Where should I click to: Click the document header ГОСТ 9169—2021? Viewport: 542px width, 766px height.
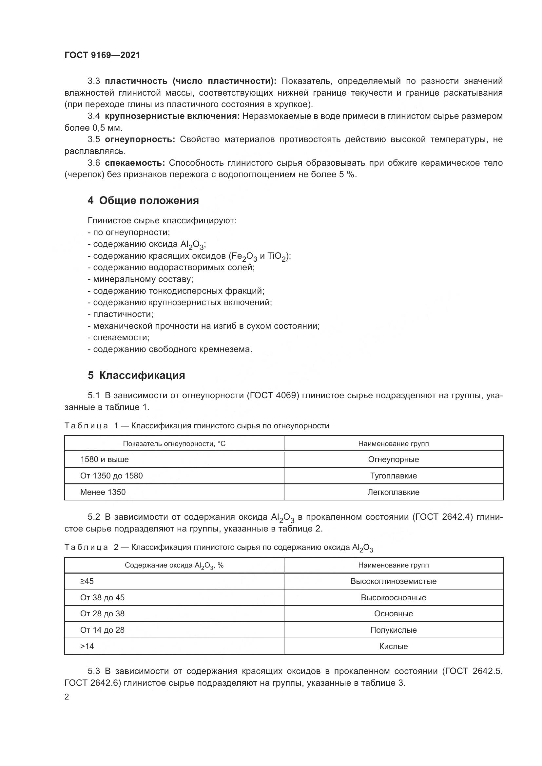click(x=102, y=55)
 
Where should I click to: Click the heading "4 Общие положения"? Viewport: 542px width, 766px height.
click(x=143, y=200)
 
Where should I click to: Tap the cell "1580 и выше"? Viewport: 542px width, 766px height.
click(x=105, y=459)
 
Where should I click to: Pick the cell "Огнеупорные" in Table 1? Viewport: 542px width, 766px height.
click(x=393, y=459)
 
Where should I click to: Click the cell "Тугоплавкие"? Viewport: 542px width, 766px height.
click(x=393, y=476)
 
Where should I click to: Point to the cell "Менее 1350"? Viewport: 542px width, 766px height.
click(x=103, y=492)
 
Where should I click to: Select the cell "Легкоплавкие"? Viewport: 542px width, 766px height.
click(x=393, y=492)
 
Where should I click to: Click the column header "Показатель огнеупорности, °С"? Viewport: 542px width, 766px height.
click(x=174, y=444)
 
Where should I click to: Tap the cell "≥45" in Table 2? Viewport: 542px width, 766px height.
click(x=87, y=581)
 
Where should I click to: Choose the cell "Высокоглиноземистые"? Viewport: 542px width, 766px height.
click(x=393, y=581)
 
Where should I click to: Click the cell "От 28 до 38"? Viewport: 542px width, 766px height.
click(x=102, y=613)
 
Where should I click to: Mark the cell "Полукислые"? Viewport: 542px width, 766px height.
click(x=393, y=630)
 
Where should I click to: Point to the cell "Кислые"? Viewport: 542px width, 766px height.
click(x=393, y=646)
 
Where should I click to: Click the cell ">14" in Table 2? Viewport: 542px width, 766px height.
click(x=87, y=646)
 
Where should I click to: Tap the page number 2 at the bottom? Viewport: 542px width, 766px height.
click(x=67, y=697)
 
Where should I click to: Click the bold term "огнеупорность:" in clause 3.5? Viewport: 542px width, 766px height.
click(x=140, y=140)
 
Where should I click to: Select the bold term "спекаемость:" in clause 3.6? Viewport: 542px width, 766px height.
click(x=135, y=163)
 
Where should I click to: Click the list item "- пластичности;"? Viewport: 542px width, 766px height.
click(x=120, y=314)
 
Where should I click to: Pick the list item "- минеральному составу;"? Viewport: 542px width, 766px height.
click(x=140, y=279)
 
